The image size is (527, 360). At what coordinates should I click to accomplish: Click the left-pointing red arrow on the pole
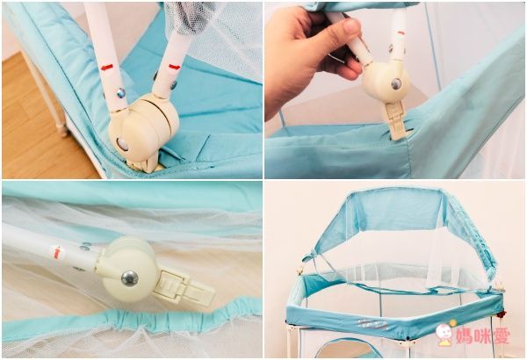point(107,68)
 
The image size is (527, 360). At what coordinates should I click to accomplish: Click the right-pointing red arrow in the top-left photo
point(174,67)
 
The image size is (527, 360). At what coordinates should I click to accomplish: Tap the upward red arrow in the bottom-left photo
point(57,252)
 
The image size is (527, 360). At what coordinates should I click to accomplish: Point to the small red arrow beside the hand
point(401,33)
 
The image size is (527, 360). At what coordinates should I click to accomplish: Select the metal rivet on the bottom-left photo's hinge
point(130,278)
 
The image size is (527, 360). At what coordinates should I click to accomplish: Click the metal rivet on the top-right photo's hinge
point(396,83)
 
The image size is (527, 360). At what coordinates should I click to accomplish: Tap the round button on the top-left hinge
point(122,144)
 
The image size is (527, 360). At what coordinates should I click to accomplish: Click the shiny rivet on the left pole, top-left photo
point(121,93)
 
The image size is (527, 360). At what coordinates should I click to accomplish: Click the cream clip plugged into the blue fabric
point(395,120)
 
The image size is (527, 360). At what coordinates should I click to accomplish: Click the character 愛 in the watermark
point(501,335)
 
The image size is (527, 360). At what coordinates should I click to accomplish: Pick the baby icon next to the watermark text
point(445,333)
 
